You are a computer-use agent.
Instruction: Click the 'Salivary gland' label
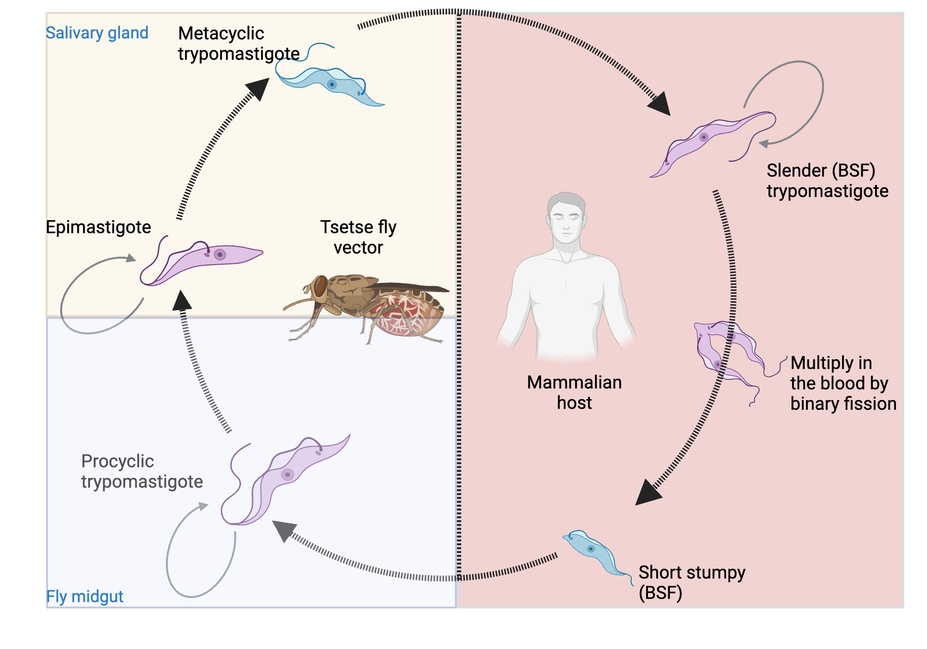point(97,33)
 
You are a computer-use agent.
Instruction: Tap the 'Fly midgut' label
point(84,596)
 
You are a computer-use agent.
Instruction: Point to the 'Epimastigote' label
point(98,227)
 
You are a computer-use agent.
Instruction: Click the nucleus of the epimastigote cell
point(220,255)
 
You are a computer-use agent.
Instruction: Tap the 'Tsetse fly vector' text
point(358,237)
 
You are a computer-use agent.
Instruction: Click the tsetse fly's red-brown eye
point(320,286)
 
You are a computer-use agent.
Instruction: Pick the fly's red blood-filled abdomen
point(408,315)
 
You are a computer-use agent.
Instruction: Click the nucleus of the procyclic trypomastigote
point(287,475)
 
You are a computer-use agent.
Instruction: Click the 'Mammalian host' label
point(574,392)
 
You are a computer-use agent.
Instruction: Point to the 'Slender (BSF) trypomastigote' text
point(827,181)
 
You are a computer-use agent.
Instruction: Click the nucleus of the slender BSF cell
point(704,137)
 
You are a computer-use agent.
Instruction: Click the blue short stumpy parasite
point(593,552)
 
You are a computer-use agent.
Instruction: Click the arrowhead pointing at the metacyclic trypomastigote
point(259,88)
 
